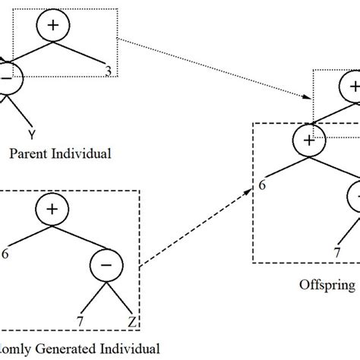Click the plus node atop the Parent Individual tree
click(52, 26)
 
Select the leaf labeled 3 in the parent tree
click(112, 71)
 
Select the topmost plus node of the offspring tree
click(353, 86)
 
